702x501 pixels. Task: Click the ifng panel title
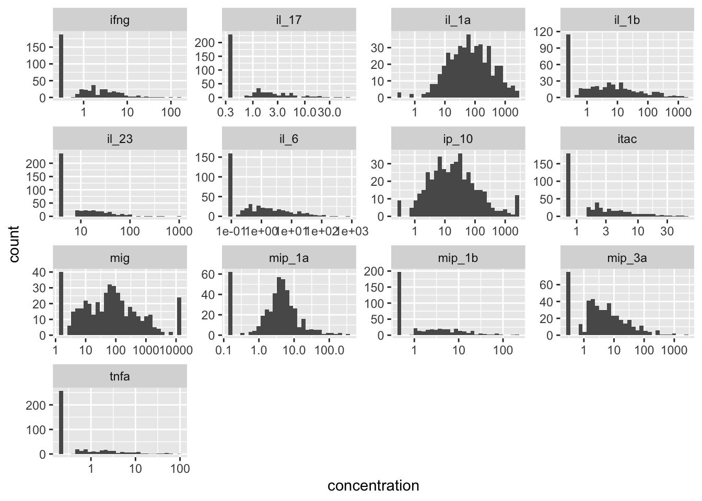[x=120, y=20]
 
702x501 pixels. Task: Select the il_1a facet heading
[x=458, y=20]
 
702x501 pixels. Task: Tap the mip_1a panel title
[x=289, y=257]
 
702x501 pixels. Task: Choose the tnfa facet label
[x=120, y=376]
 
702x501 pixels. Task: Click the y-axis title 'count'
[x=14, y=244]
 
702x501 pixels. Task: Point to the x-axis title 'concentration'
[x=373, y=486]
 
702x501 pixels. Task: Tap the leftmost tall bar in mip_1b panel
[x=400, y=303]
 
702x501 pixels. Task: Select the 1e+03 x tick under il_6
[x=353, y=231]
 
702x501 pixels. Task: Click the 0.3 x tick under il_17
[x=228, y=112]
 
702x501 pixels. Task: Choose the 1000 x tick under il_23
[x=179, y=231]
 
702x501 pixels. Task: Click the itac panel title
[x=627, y=139]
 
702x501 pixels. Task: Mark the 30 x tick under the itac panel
[x=667, y=231]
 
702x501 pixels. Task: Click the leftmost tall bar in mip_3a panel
[x=568, y=304]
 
